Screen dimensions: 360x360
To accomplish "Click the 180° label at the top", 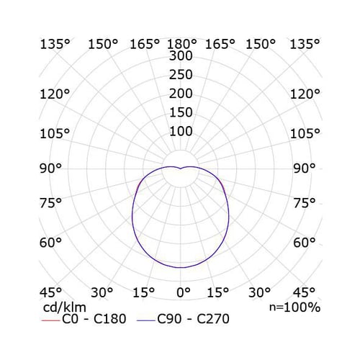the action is pos(181,44).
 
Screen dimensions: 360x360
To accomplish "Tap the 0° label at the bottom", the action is pos(184,292).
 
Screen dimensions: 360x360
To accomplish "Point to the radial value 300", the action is pos(181,55).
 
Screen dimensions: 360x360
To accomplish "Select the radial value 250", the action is pos(181,75).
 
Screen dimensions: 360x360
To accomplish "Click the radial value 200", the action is pos(181,94).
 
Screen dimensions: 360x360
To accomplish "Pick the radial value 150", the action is pos(181,112).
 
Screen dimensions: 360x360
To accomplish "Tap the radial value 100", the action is pos(181,131).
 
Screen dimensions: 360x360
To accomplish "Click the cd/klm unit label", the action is pos(65,307).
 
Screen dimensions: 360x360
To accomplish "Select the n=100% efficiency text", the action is pos(294,307).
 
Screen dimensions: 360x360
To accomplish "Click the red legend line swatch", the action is pos(50,320).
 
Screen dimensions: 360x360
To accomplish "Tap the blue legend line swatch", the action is pos(146,320).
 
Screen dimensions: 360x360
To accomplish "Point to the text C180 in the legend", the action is pos(110,319).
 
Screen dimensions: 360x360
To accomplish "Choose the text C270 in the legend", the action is pos(213,319).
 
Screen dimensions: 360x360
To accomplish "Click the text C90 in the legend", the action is pos(169,319).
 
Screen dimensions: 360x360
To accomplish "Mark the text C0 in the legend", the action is pos(70,319).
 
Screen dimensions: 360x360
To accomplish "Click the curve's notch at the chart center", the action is pos(180,168).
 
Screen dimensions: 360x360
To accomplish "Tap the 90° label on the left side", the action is pos(50,168).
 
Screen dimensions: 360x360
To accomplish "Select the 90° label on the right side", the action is pos(304,168).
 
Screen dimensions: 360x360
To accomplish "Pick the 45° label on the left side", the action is pos(50,292).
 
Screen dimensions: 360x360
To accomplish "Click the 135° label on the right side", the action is pos(305,44).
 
